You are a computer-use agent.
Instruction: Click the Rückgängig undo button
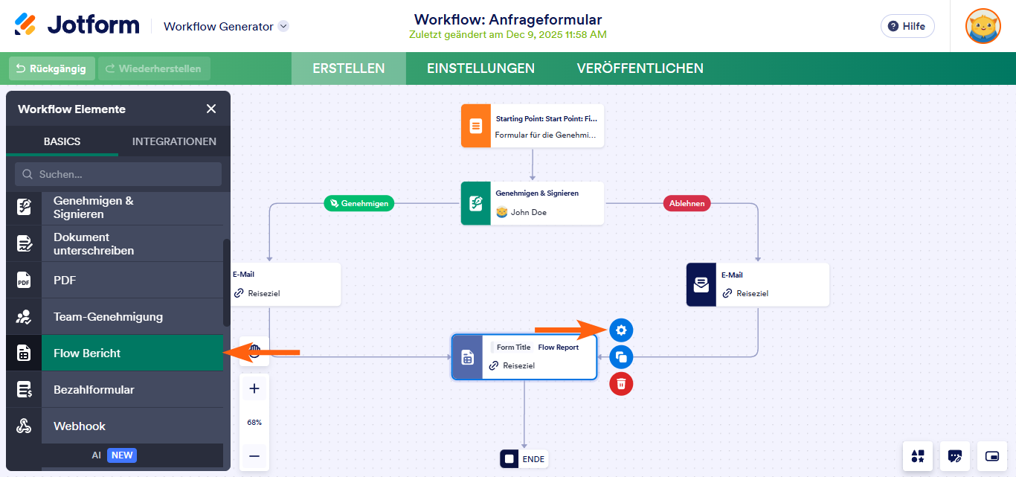(52, 68)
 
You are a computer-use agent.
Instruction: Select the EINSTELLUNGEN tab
(480, 68)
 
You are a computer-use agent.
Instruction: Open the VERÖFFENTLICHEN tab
(640, 68)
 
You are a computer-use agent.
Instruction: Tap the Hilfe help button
(907, 26)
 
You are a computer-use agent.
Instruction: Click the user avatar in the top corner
(983, 26)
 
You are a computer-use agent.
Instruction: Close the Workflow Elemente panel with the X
(211, 109)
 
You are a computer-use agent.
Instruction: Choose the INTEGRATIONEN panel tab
(174, 141)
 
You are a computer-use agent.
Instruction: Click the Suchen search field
(118, 174)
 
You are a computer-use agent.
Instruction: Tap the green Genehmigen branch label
(359, 202)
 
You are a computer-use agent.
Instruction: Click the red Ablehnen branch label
(687, 202)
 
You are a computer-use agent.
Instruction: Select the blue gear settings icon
(621, 330)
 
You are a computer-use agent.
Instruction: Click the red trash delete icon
(621, 384)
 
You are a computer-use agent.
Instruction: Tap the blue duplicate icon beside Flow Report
(621, 357)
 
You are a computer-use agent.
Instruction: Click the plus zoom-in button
(254, 388)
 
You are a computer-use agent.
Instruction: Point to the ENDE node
(524, 458)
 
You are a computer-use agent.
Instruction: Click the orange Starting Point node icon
(476, 125)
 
